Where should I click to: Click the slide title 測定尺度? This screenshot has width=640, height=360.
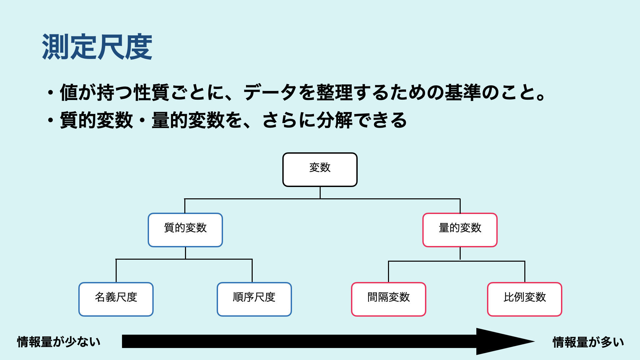[x=97, y=47]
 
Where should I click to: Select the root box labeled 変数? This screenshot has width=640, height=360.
[x=320, y=170]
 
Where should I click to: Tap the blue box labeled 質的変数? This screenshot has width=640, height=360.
[x=185, y=230]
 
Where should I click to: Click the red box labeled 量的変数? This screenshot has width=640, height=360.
[x=460, y=230]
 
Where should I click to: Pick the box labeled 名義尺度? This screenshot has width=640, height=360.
[x=116, y=299]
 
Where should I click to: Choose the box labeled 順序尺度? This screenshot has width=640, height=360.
[x=254, y=299]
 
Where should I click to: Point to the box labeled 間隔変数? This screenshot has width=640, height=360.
[x=388, y=299]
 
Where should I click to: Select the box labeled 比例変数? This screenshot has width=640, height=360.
[x=524, y=299]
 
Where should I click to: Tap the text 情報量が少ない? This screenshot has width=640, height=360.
[x=59, y=342]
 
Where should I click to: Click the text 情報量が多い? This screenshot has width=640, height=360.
[x=588, y=342]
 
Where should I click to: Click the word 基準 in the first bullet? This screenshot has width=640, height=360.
[x=463, y=92]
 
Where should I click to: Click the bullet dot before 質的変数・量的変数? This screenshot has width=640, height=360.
[x=50, y=120]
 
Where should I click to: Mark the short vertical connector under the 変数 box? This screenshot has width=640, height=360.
[x=320, y=193]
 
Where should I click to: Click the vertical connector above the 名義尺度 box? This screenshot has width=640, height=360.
[x=116, y=271]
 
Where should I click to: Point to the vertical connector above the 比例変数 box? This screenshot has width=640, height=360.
[x=525, y=272]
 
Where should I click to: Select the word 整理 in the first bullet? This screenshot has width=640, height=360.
[x=334, y=92]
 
